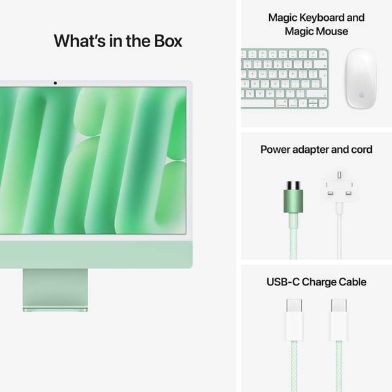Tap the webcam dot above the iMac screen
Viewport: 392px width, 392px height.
click(x=55, y=83)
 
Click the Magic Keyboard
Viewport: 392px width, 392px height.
click(x=285, y=78)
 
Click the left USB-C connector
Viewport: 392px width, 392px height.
click(x=294, y=320)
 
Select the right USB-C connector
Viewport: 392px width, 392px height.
click(x=338, y=320)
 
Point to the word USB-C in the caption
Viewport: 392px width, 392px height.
click(x=283, y=282)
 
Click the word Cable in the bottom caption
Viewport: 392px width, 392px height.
click(x=351, y=282)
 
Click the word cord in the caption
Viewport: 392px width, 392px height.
click(x=361, y=150)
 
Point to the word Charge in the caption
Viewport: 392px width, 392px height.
click(x=318, y=282)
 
